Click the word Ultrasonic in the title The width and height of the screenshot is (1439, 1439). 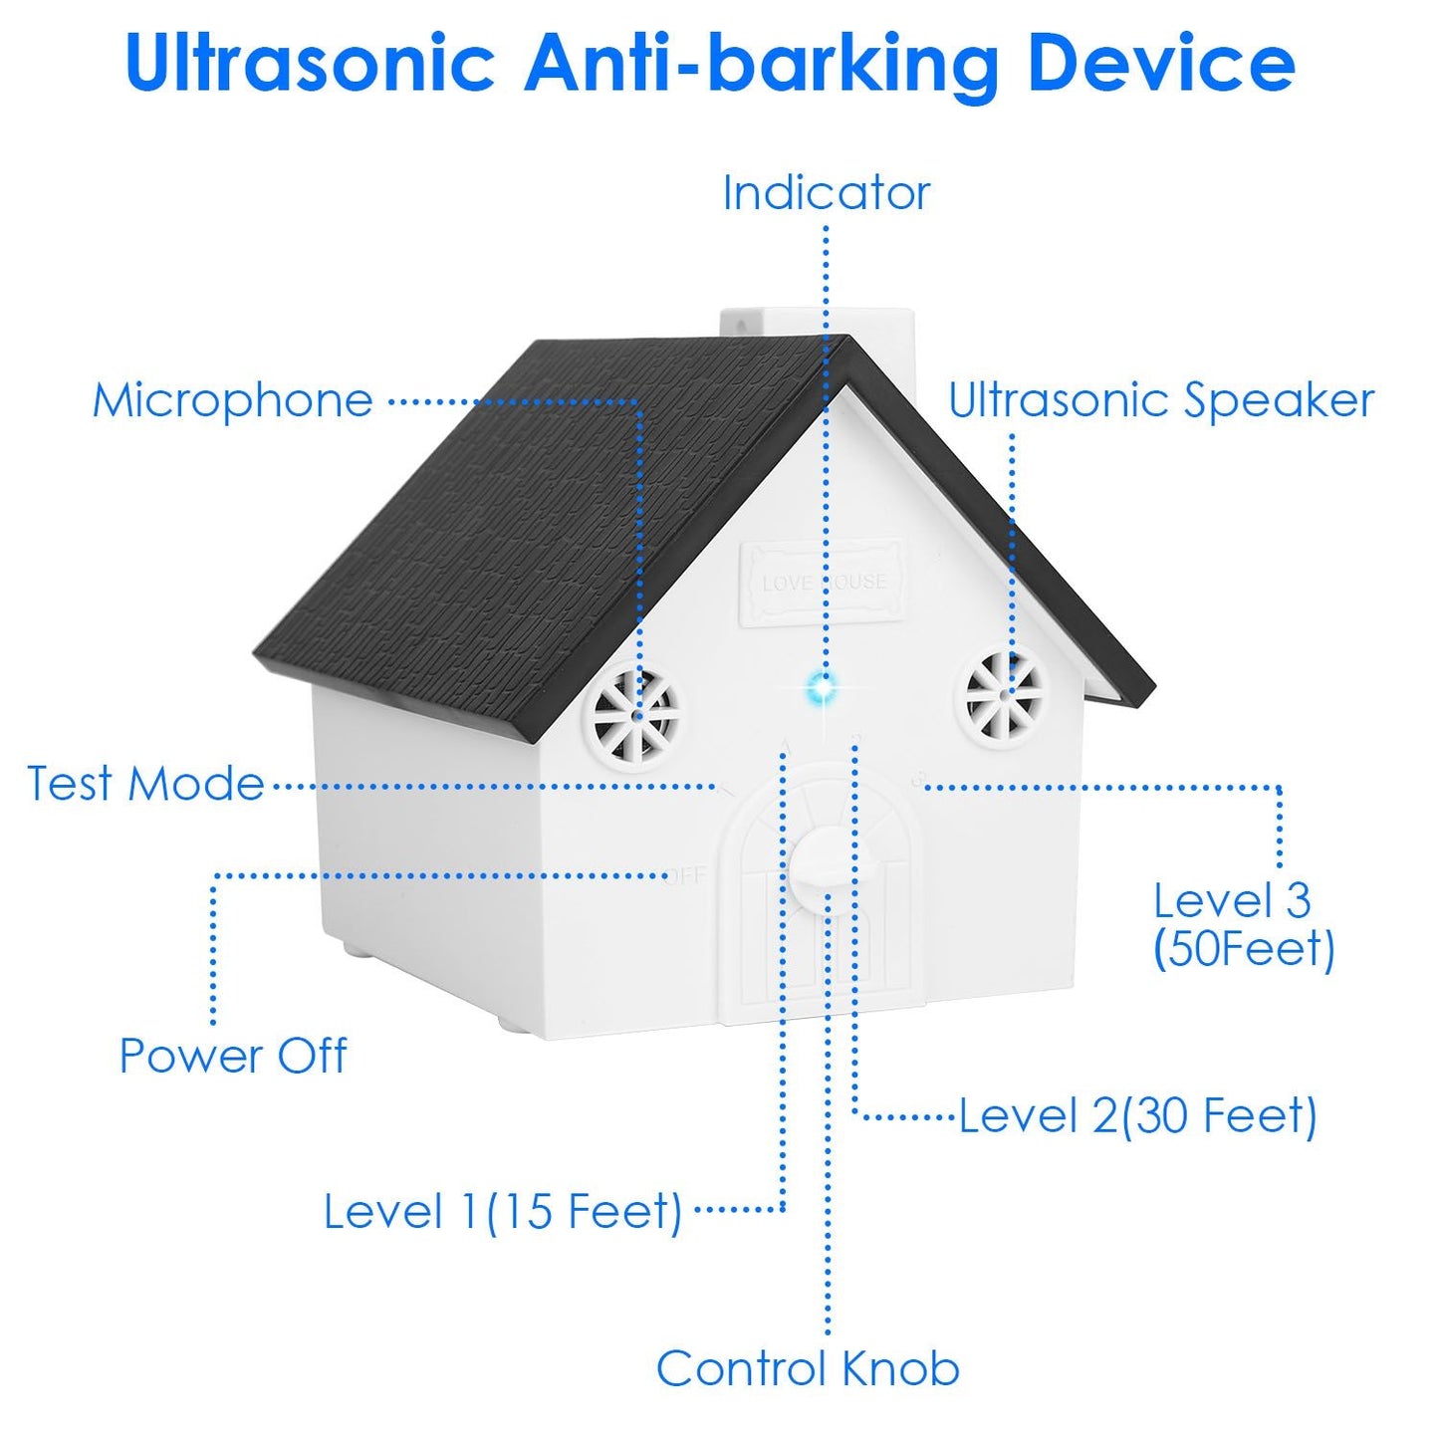(310, 63)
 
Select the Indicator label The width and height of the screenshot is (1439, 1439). (826, 192)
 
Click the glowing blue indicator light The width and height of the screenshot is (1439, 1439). (823, 686)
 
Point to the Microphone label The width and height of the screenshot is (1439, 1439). (233, 400)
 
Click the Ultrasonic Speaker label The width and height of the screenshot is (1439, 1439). (1160, 400)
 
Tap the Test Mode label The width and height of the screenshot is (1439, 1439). (145, 784)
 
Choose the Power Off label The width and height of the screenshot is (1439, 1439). (233, 1056)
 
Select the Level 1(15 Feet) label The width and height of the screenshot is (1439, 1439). (503, 1211)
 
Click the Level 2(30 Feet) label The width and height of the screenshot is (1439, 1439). (1137, 1115)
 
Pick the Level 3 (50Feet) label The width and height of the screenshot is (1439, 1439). (1242, 924)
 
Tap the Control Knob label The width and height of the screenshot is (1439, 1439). (808, 1368)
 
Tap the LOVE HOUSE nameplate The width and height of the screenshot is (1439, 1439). (824, 583)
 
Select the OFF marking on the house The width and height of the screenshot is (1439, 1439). (686, 875)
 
